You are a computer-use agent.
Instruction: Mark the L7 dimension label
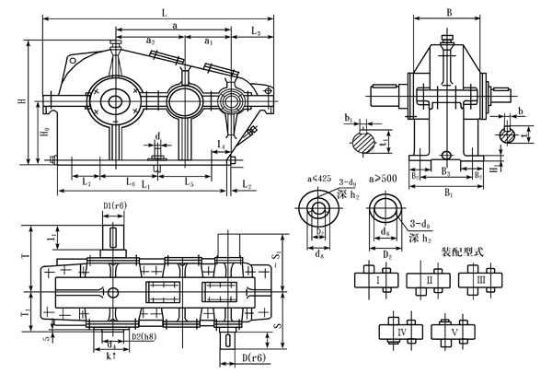click(x=86, y=184)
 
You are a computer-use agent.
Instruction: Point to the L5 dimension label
click(x=189, y=184)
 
